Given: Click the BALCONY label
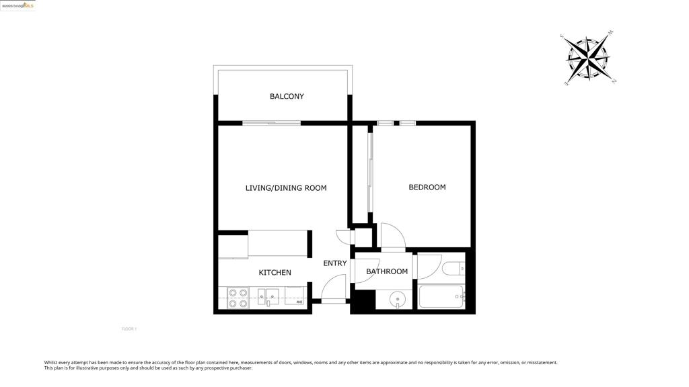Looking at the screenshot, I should (x=287, y=97).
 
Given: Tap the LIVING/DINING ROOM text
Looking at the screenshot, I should (x=286, y=188).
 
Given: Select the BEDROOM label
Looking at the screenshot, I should (x=427, y=187).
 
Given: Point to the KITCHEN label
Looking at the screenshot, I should (x=275, y=273).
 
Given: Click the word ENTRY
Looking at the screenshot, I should (x=335, y=263).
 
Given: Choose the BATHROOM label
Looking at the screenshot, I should (x=387, y=271).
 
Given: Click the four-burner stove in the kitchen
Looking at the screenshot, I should (x=238, y=298).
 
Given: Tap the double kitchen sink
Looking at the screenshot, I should (x=268, y=296).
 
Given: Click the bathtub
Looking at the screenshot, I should (x=441, y=296).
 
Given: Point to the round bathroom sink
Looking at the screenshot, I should (x=397, y=299).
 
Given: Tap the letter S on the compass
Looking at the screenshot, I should (x=563, y=36).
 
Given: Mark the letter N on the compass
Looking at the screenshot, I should (x=614, y=81).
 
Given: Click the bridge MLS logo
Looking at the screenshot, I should (x=18, y=5).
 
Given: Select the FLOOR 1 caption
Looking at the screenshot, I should (x=129, y=329).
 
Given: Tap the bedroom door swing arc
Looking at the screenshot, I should (x=394, y=235).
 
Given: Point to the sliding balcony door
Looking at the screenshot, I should (x=271, y=123).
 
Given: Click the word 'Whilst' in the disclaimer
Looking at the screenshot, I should (x=52, y=363).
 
